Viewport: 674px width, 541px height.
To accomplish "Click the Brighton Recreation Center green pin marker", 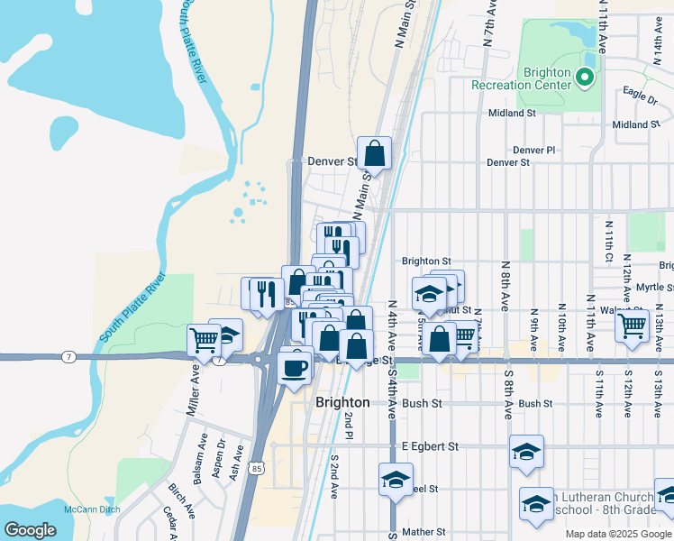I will point(586,78).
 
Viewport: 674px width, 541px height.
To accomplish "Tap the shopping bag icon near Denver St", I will point(374,153).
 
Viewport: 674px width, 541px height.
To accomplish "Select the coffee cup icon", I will point(294,367).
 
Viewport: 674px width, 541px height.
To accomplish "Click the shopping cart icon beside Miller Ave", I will point(205,340).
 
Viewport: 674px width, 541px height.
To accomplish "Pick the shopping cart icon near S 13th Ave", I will point(633,325).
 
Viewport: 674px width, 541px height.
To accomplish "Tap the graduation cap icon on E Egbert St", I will point(526,453).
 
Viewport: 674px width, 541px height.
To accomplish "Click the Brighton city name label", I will point(342,402).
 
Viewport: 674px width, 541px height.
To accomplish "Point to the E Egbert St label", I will point(431,446).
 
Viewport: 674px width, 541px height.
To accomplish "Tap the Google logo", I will point(30,530).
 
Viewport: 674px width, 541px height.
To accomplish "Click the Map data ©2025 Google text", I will point(618,534).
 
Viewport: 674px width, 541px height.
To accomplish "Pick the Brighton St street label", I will point(426,261).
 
